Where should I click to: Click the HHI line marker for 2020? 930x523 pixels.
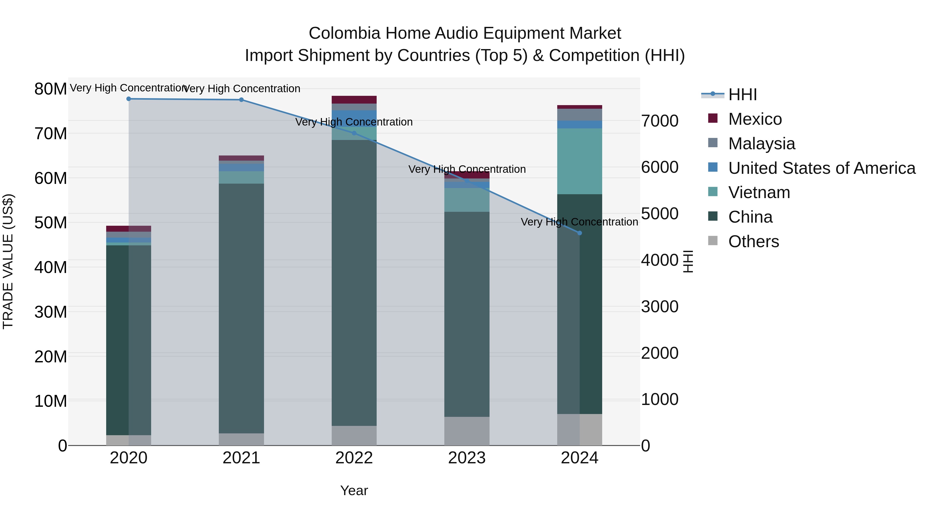[129, 99]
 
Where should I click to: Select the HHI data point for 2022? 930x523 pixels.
[354, 133]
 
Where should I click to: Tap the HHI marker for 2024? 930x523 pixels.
[580, 233]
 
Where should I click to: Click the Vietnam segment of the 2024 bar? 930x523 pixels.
[580, 161]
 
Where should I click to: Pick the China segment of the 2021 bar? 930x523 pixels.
[241, 309]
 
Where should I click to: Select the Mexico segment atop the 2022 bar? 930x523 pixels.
[354, 100]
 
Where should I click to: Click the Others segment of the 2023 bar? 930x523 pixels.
[467, 431]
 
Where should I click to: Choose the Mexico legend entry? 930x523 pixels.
[755, 119]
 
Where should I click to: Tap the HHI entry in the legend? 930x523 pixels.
[742, 95]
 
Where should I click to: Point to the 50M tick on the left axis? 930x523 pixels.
[51, 223]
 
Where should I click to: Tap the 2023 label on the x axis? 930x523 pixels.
[467, 458]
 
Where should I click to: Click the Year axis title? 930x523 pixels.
[354, 490]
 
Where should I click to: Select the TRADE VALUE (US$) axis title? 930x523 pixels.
[8, 261]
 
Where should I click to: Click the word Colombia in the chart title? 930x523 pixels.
[344, 33]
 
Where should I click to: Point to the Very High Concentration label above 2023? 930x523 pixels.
[467, 169]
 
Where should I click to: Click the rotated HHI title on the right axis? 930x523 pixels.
[688, 261]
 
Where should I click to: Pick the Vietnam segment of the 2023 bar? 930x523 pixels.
[467, 200]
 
